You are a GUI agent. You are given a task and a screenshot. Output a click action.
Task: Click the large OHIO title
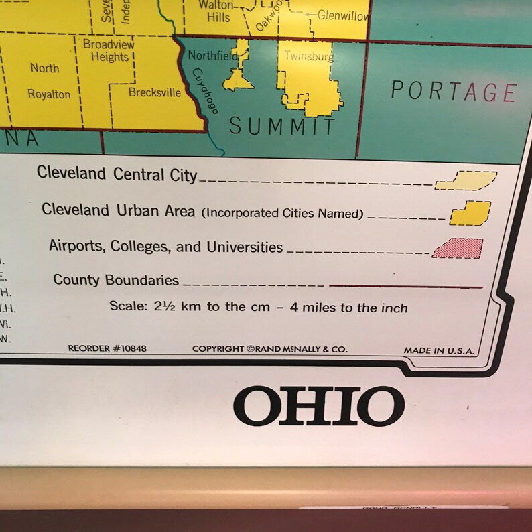318,406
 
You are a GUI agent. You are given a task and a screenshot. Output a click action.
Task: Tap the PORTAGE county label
454,91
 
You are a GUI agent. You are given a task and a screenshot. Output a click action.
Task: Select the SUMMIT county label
281,126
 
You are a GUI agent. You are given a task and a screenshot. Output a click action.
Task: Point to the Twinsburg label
308,56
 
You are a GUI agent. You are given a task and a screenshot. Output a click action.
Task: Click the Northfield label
212,56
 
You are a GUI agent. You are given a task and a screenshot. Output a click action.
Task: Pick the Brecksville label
154,92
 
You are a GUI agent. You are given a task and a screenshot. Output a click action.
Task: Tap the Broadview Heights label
109,50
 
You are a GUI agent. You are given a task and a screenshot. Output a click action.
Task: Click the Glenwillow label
342,15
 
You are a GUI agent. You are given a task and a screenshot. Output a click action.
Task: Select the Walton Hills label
218,11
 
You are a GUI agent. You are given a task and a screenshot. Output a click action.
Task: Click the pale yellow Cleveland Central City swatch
466,181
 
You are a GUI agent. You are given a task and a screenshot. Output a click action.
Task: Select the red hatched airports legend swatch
458,249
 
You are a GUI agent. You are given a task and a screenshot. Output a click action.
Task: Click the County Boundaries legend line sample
405,286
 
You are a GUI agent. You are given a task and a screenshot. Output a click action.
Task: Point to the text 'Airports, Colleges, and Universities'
165,247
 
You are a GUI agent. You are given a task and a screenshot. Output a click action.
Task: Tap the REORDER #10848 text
107,348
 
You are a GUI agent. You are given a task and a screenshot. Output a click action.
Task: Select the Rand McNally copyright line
269,348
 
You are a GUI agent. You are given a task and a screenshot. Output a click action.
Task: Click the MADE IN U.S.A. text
439,350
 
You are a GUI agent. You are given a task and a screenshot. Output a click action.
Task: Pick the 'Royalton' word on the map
49,94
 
